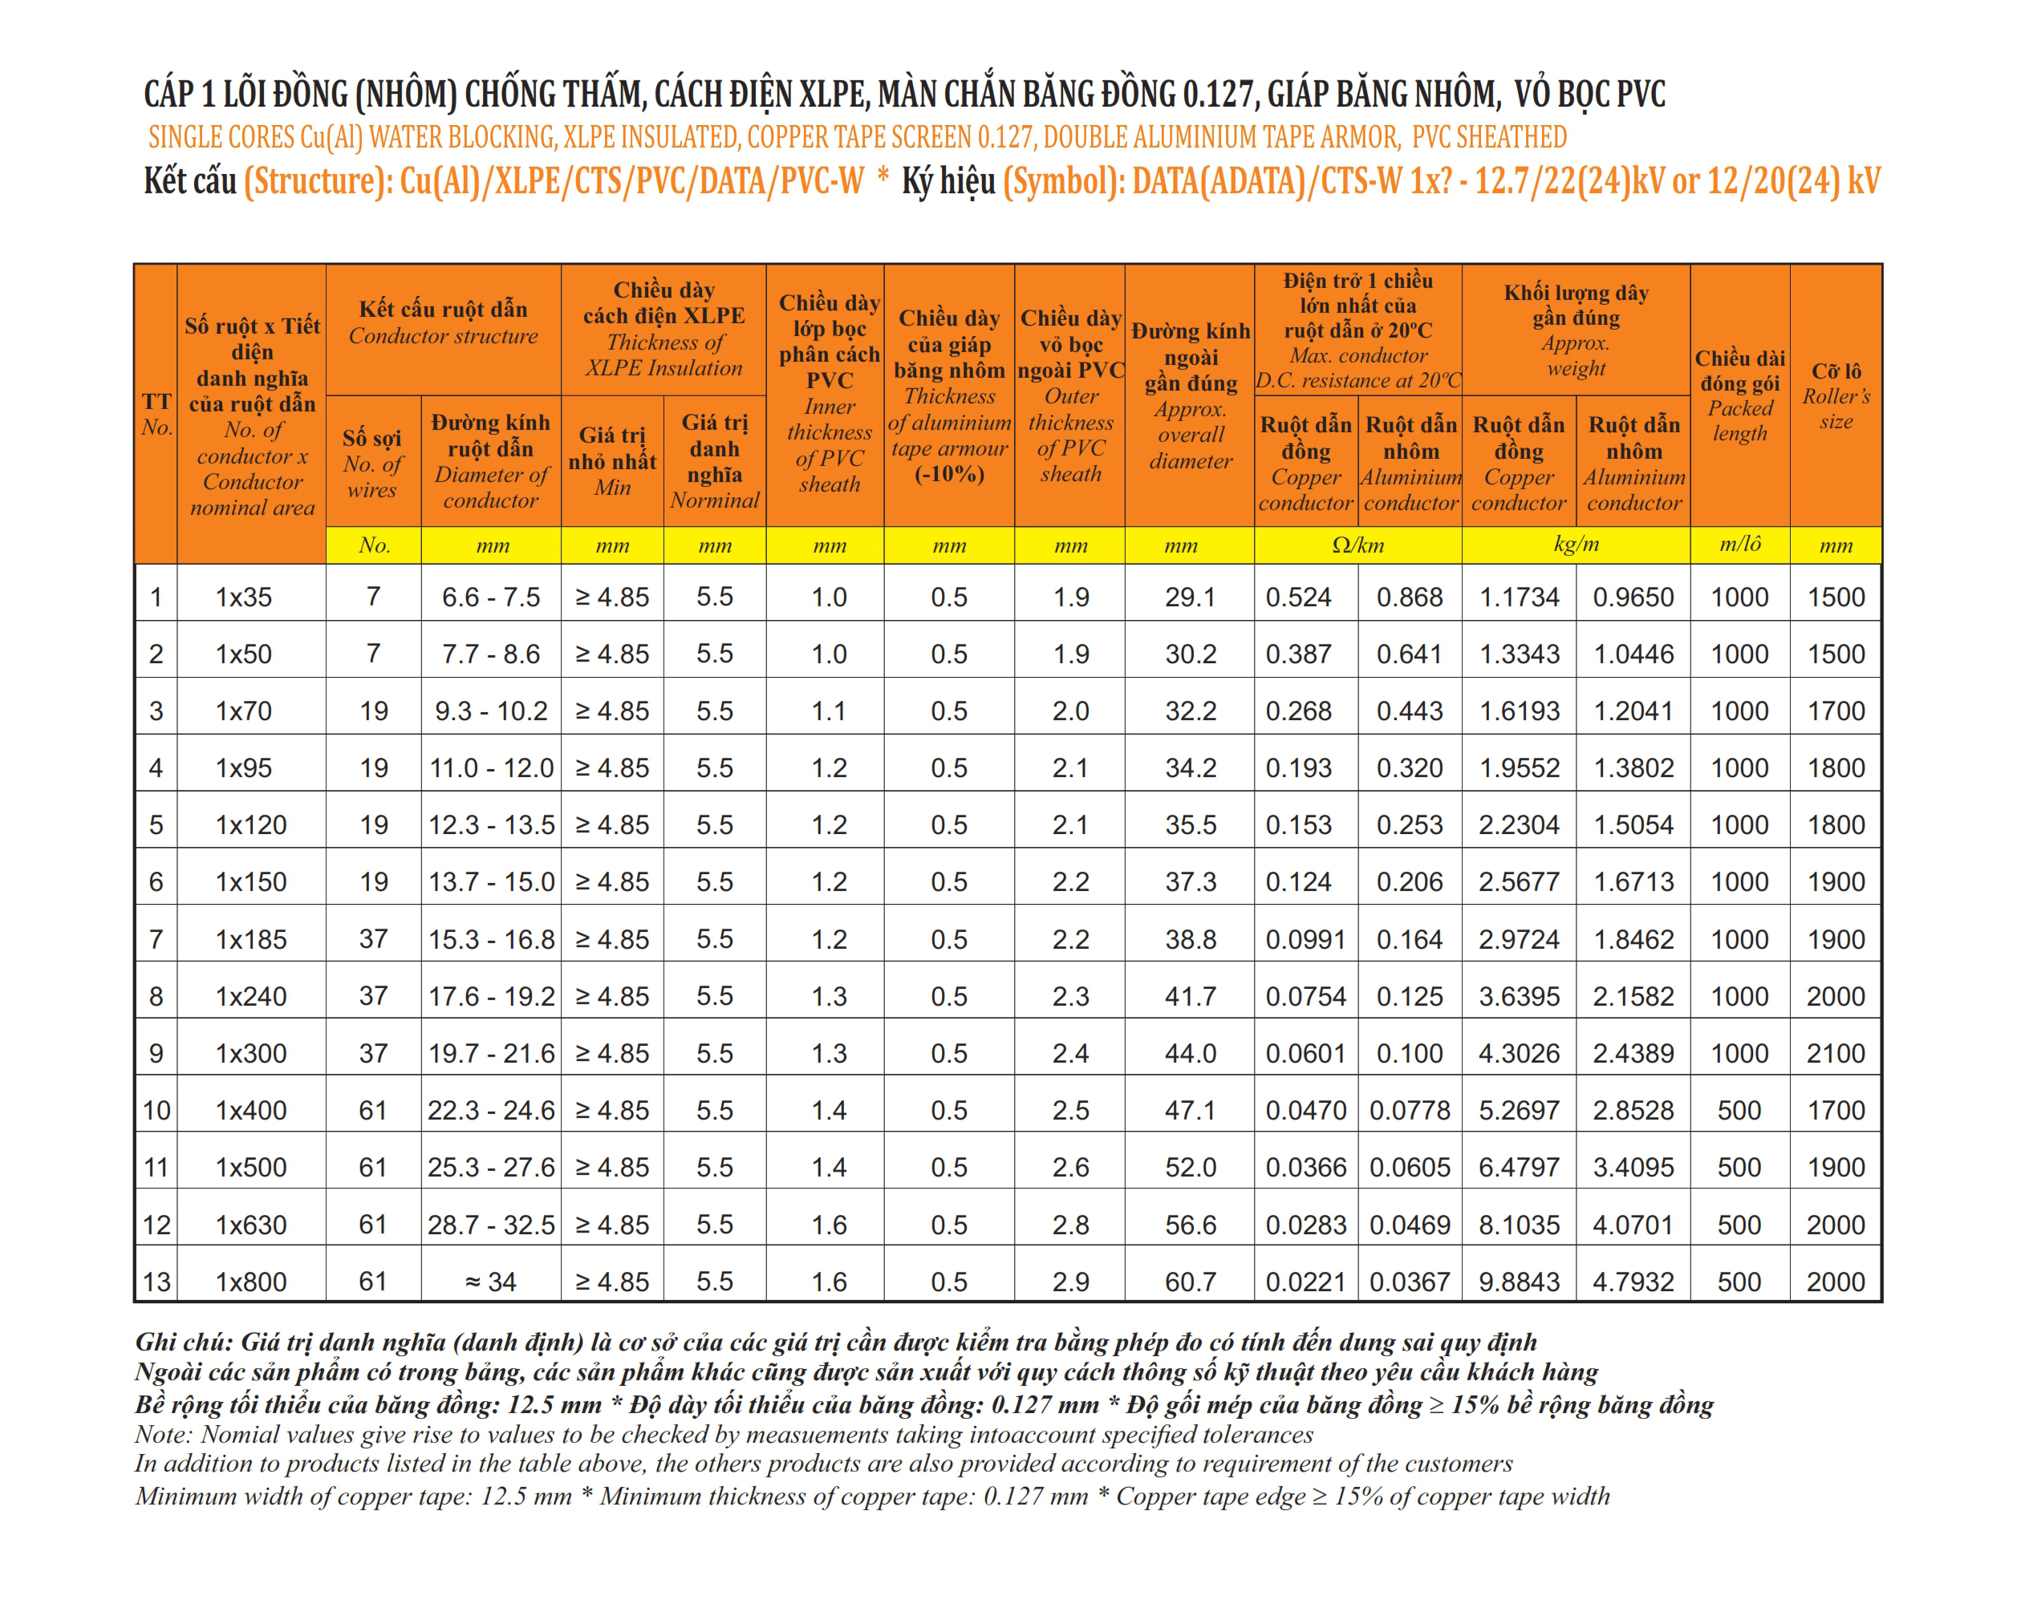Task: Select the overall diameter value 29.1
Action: pos(1190,597)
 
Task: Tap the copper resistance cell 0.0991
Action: pos(1305,939)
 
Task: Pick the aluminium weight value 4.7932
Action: pos(1633,1282)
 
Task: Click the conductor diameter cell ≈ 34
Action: pos(490,1282)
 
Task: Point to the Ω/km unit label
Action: pos(1357,545)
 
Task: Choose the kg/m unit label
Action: pos(1576,544)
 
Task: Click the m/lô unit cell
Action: pos(1739,544)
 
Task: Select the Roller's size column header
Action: pos(1835,395)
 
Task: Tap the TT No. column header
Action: pos(156,414)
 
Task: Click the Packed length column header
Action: pos(1739,395)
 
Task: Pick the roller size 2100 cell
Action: pos(1835,1053)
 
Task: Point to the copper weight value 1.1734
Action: pos(1519,597)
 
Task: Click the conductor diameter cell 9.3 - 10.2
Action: pos(490,711)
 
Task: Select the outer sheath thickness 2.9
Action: pos(1070,1282)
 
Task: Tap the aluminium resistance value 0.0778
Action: pos(1409,1110)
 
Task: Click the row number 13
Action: pos(156,1282)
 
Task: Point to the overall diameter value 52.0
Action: pos(1190,1168)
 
